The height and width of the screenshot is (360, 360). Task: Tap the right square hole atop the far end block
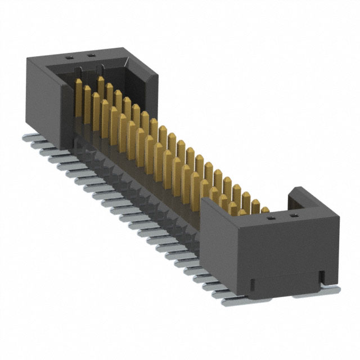coord(88,56)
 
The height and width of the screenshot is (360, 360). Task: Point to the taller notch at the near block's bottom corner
coord(322,276)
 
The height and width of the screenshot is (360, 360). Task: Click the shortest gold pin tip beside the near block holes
coord(265,210)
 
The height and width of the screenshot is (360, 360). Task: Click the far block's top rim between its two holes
coord(79,56)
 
